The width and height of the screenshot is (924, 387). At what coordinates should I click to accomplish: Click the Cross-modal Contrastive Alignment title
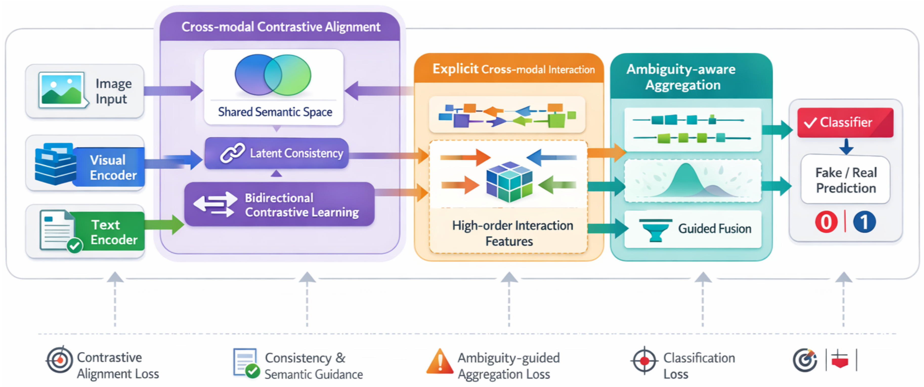(x=281, y=27)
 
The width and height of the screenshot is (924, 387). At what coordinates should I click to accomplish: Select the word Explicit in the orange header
(x=455, y=69)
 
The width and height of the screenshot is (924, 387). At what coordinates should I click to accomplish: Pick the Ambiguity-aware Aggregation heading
(x=681, y=77)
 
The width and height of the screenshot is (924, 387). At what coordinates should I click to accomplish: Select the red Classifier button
(x=845, y=123)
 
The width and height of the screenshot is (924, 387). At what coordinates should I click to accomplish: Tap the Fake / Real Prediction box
(x=845, y=180)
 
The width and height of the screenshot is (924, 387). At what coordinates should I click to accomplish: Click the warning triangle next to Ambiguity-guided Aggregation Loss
(x=439, y=362)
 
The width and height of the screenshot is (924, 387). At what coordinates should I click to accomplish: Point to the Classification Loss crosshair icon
(x=644, y=360)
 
